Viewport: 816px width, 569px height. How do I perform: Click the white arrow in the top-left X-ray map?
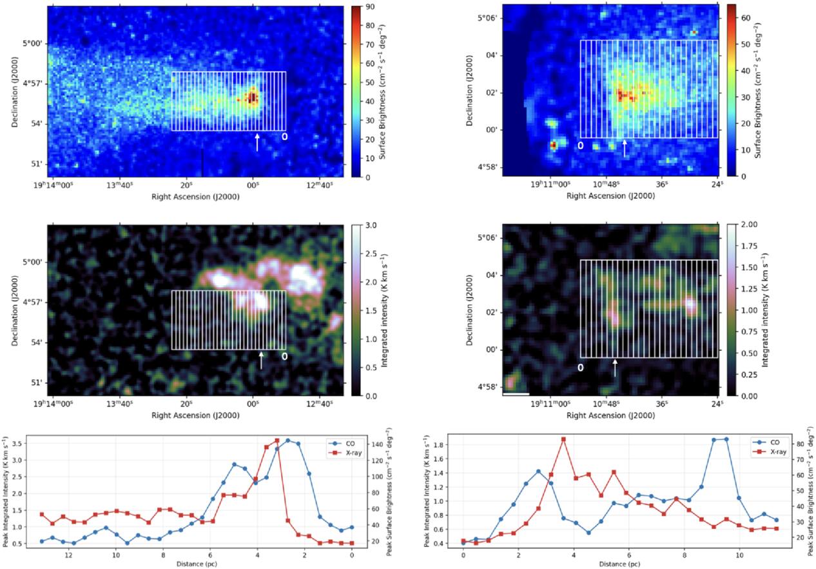click(257, 143)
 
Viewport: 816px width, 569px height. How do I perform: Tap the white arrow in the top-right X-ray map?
click(625, 148)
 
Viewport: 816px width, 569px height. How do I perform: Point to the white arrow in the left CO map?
click(261, 361)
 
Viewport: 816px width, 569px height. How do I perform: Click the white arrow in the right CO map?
click(616, 368)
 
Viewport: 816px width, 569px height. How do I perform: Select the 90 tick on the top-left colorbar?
click(370, 6)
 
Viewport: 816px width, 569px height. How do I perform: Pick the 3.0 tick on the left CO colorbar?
click(371, 226)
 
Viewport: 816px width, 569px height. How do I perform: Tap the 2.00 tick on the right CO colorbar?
click(749, 225)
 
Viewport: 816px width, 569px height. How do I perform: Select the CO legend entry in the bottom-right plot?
click(766, 442)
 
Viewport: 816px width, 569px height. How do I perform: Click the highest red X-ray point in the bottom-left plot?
click(277, 441)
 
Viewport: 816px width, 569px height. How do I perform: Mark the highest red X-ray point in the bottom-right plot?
click(563, 439)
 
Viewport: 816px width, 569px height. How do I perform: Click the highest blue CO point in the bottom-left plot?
click(287, 441)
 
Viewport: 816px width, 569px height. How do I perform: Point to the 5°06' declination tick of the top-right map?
click(490, 18)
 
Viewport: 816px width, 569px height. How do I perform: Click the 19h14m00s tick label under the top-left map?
click(53, 186)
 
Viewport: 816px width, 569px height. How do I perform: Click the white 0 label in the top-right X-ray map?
click(581, 145)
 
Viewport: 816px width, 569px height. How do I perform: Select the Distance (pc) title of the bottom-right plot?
click(619, 564)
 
